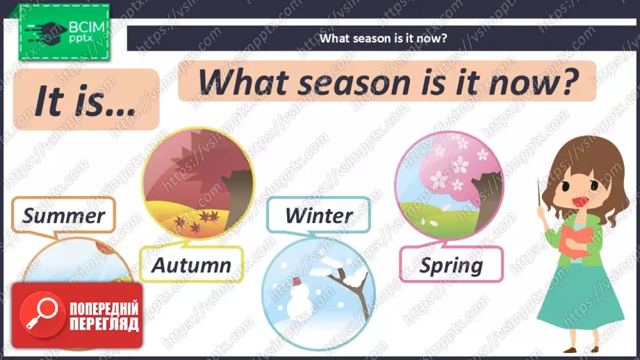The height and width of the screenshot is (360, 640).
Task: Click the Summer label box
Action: (64, 215)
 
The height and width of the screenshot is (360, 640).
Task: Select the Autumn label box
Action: (191, 265)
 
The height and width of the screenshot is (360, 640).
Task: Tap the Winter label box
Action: (319, 215)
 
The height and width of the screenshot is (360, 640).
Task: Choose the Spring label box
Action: (451, 265)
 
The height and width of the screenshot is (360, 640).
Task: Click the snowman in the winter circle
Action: (300, 301)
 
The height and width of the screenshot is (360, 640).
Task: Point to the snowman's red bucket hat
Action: (297, 281)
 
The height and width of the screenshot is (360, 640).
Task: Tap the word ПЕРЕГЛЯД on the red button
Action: (104, 324)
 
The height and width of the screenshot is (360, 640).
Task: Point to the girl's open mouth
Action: (580, 202)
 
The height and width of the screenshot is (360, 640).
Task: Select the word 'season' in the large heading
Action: (354, 83)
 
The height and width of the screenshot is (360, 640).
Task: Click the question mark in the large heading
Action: (569, 81)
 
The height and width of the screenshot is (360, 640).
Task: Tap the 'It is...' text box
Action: (86, 99)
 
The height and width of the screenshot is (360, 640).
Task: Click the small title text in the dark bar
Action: (384, 38)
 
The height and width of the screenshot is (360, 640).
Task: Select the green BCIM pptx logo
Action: (64, 32)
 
